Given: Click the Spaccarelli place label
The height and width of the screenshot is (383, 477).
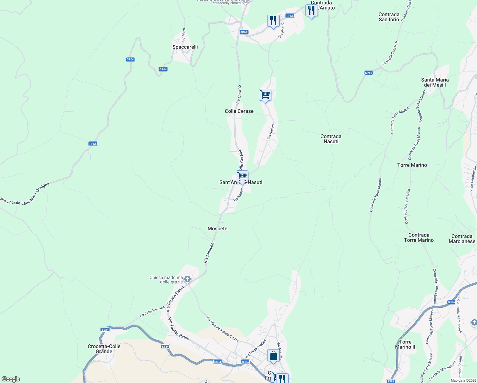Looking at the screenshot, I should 185,47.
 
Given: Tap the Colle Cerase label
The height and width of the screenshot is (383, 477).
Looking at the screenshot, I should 239,111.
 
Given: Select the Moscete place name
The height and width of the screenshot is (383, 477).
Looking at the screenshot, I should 217,229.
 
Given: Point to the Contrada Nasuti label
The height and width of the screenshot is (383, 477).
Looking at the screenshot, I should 331,139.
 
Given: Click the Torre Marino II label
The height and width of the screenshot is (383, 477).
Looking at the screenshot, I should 405,344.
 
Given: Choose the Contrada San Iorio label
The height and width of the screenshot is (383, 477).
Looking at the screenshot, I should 389,17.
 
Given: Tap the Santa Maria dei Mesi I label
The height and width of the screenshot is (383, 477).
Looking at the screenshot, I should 435,82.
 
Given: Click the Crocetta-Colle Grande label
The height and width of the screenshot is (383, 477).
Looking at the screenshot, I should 104,349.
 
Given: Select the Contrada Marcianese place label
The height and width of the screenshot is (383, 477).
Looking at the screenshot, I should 462,239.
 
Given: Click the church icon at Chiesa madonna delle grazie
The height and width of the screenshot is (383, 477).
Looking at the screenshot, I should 187,280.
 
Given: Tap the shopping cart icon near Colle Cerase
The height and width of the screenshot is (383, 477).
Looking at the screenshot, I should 265,95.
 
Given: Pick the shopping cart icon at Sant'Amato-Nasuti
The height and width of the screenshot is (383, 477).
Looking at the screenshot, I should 242,176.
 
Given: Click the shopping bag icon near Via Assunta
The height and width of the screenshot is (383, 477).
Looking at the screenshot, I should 273,356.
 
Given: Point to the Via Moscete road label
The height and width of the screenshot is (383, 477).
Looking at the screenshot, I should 209,252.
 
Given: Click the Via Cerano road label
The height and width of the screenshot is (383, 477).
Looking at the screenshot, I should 239,95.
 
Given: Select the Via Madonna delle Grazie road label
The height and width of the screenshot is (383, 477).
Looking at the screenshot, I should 222,329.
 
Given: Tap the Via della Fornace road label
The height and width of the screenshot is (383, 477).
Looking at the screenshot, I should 152,312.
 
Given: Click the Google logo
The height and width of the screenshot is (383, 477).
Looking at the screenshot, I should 11,379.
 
